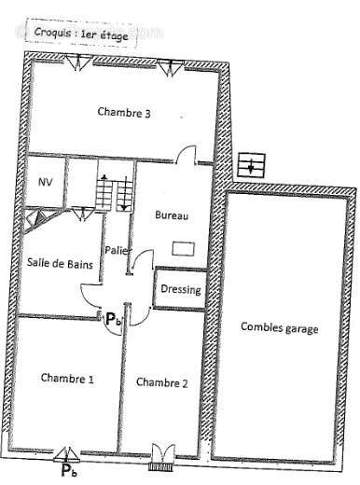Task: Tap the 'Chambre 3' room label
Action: pos(124,113)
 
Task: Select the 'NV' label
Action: pos(44,182)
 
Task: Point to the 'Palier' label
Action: pos(117,250)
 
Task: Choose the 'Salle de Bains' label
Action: pos(60,264)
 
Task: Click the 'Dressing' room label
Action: pos(180,290)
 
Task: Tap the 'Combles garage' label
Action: pos(279,327)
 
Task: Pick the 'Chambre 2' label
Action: pos(162,381)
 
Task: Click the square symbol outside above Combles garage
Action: pos(250,167)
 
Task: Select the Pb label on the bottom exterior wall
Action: pos(69,471)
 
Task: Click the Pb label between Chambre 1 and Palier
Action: pos(112,319)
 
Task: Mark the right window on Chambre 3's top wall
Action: pos(170,65)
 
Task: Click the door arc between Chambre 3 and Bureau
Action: pos(188,154)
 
